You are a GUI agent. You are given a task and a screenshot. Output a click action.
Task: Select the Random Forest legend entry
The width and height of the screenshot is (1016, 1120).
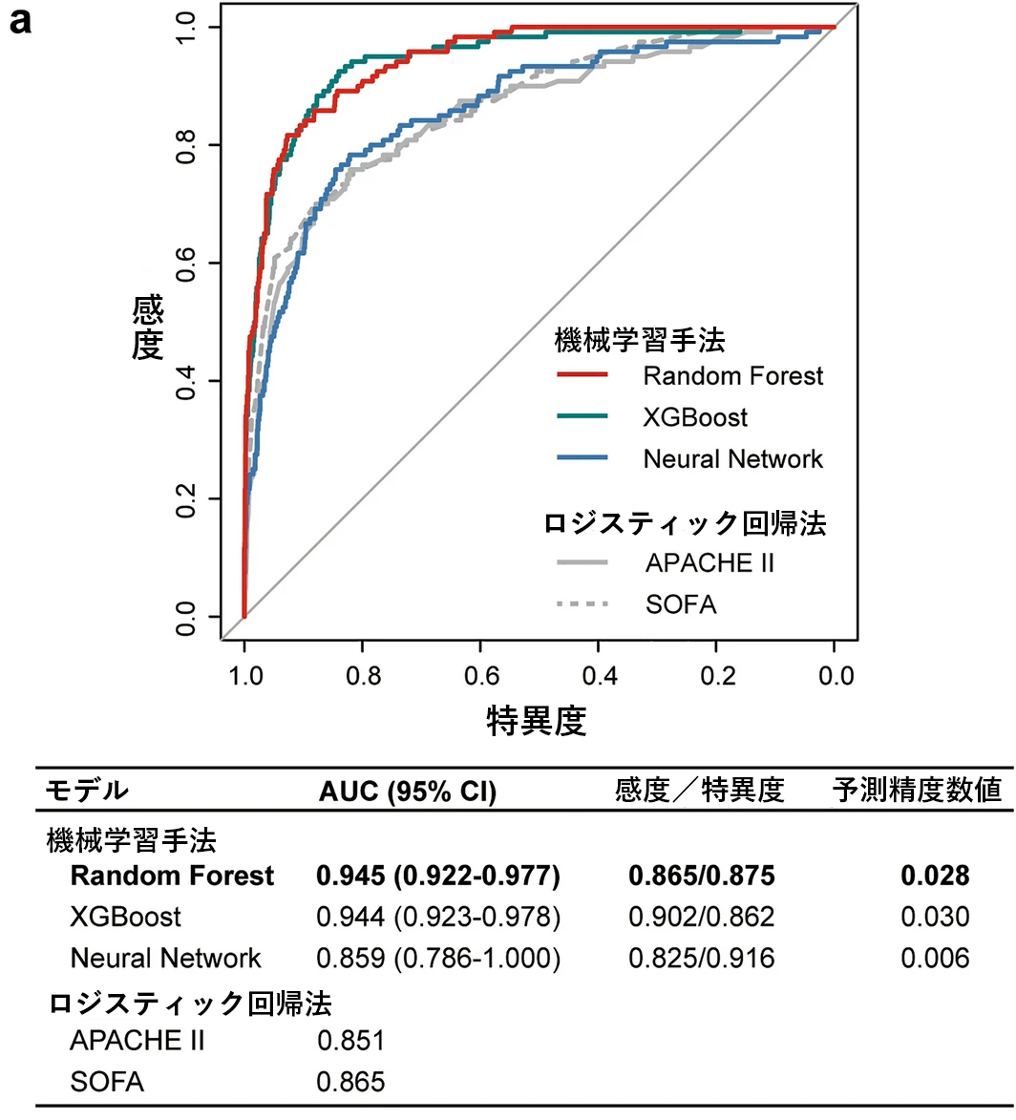(732, 376)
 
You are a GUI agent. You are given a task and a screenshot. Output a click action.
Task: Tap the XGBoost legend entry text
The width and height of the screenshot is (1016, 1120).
(695, 417)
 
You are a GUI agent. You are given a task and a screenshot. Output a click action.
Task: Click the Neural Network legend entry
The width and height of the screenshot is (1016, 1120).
(732, 459)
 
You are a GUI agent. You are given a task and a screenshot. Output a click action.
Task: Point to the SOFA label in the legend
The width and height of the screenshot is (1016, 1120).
(681, 604)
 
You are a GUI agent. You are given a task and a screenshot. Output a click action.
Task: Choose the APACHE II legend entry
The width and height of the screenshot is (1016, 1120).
(709, 563)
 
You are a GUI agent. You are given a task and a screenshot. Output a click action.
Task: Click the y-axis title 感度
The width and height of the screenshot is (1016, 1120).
(148, 327)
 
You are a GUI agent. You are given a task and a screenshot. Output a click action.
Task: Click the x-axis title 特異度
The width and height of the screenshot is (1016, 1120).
(537, 721)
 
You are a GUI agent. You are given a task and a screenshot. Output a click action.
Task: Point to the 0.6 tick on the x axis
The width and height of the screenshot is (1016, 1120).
(482, 677)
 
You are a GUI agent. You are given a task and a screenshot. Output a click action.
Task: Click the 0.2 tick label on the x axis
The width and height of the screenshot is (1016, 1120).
(718, 677)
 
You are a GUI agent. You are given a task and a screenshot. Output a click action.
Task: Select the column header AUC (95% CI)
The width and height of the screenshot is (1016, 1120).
(408, 792)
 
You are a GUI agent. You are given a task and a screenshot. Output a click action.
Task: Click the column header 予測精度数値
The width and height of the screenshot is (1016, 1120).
(916, 791)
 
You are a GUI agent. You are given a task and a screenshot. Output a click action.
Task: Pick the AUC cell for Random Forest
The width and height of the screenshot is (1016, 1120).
(438, 876)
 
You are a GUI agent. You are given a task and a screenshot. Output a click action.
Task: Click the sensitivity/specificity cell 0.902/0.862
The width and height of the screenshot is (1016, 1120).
(701, 918)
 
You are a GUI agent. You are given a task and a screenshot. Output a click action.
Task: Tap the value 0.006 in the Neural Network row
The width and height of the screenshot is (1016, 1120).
(935, 959)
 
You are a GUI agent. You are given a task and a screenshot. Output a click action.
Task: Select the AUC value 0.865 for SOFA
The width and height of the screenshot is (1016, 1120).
(351, 1082)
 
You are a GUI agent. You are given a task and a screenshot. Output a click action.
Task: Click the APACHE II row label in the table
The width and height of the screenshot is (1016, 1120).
(137, 1041)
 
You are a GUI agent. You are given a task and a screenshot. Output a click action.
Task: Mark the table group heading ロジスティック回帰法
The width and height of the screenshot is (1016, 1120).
(190, 1004)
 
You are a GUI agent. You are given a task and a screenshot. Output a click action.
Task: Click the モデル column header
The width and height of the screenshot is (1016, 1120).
(86, 792)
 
